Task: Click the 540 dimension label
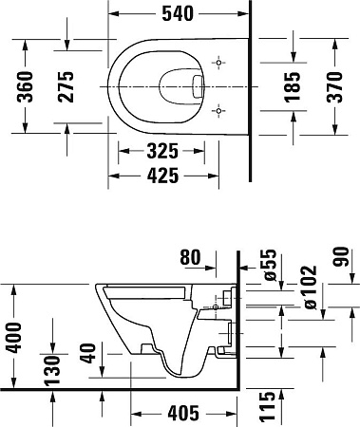178,14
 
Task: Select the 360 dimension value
25,86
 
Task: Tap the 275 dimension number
66,86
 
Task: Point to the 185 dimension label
292,87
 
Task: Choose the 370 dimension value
334,87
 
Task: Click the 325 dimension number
162,151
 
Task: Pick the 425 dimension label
162,176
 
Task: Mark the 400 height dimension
14,338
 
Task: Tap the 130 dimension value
52,371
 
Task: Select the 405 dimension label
183,414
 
